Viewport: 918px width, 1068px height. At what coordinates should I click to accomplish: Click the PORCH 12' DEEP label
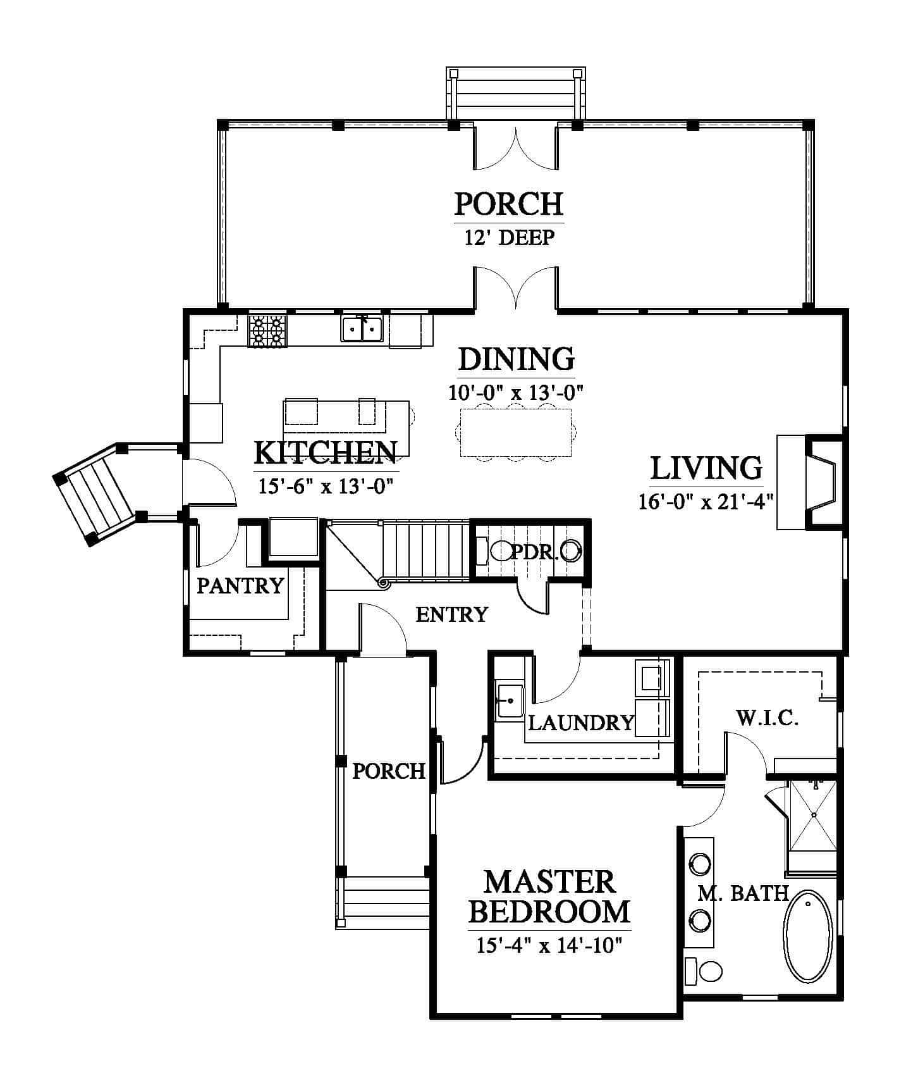click(x=509, y=218)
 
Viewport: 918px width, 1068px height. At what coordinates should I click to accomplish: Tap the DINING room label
click(x=516, y=359)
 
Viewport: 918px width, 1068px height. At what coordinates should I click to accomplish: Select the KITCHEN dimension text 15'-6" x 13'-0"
click(x=326, y=486)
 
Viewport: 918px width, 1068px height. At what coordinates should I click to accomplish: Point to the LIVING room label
click(x=706, y=468)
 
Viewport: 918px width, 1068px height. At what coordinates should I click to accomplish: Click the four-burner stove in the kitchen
click(x=267, y=332)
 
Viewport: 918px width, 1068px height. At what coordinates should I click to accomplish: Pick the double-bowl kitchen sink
click(x=362, y=329)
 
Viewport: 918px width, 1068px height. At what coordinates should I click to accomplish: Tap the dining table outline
click(x=516, y=433)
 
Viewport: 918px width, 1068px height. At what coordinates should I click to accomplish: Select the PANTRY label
click(x=240, y=586)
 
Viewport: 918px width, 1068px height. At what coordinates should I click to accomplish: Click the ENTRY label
click(x=452, y=614)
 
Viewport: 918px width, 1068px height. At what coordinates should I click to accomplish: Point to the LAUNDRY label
click(x=580, y=723)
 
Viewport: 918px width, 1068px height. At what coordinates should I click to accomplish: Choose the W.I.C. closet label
click(x=768, y=718)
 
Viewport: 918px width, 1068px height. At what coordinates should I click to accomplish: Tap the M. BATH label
click(x=743, y=893)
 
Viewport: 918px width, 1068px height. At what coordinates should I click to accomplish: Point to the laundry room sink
click(x=510, y=700)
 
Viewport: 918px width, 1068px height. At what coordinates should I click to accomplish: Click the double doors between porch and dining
click(x=516, y=289)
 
